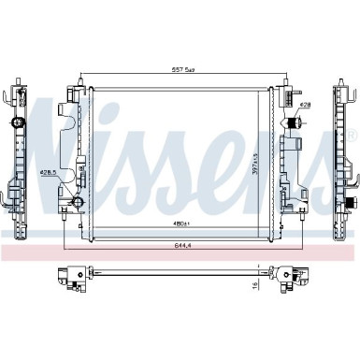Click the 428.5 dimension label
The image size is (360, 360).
50,172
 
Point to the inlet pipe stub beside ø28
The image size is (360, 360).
292,122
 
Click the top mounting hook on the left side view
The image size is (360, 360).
13,94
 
